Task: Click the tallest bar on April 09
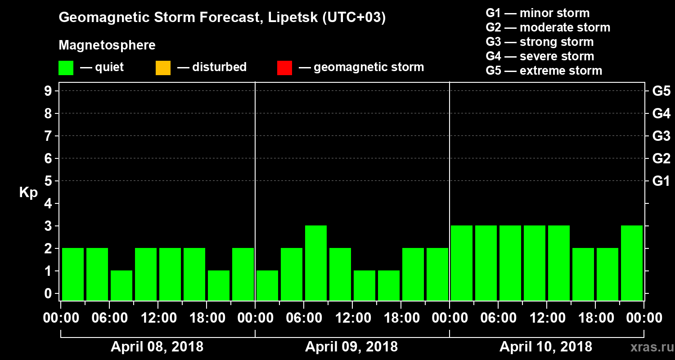[316, 263]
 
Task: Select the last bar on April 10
[632, 263]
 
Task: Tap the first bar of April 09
[267, 285]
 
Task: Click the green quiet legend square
[66, 67]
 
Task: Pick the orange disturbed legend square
[163, 67]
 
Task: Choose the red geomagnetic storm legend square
[285, 67]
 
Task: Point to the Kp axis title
[28, 193]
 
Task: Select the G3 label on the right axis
[661, 136]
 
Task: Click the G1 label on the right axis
[661, 181]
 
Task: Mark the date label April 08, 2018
[157, 347]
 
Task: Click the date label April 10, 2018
[546, 347]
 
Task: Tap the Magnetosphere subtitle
[107, 46]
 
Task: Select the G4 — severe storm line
[540, 56]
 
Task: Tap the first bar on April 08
[73, 274]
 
